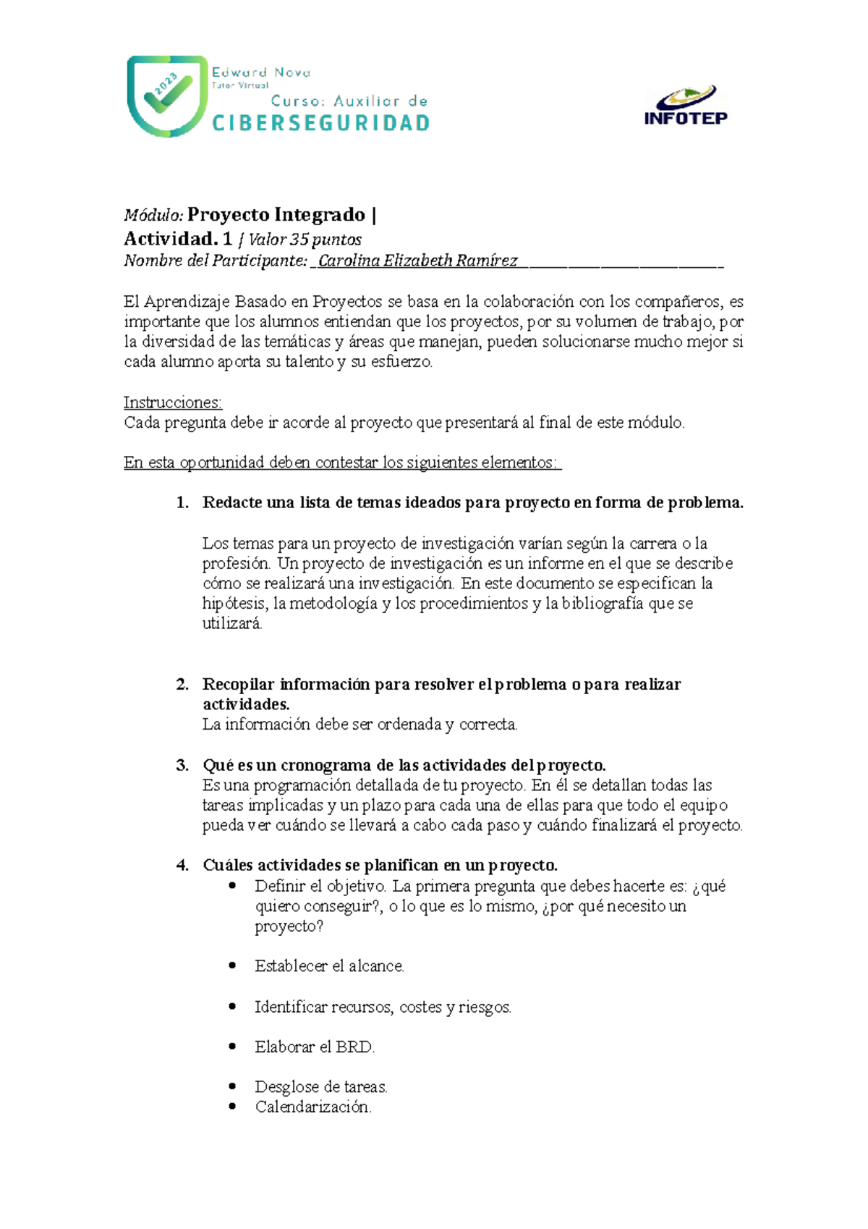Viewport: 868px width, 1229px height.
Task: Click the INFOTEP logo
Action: (686, 106)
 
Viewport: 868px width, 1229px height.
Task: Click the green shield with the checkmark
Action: (167, 96)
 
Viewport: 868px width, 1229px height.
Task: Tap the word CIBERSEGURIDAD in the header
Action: (321, 123)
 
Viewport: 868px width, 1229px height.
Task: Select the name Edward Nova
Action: (261, 72)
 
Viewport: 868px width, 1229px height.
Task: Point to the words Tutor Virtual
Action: (239, 85)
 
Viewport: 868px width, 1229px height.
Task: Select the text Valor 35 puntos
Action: (305, 240)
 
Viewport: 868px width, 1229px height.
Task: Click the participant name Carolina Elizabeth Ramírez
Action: (417, 261)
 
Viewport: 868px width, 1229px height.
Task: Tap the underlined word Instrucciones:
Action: (173, 402)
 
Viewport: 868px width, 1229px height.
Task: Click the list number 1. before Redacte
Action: (182, 503)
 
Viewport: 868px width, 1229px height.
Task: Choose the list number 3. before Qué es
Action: (182, 766)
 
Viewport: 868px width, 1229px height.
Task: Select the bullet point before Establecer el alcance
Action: (232, 966)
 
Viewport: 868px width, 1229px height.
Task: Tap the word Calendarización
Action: (312, 1107)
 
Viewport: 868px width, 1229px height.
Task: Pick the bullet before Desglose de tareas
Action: (232, 1086)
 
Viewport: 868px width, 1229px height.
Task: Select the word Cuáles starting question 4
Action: (228, 866)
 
